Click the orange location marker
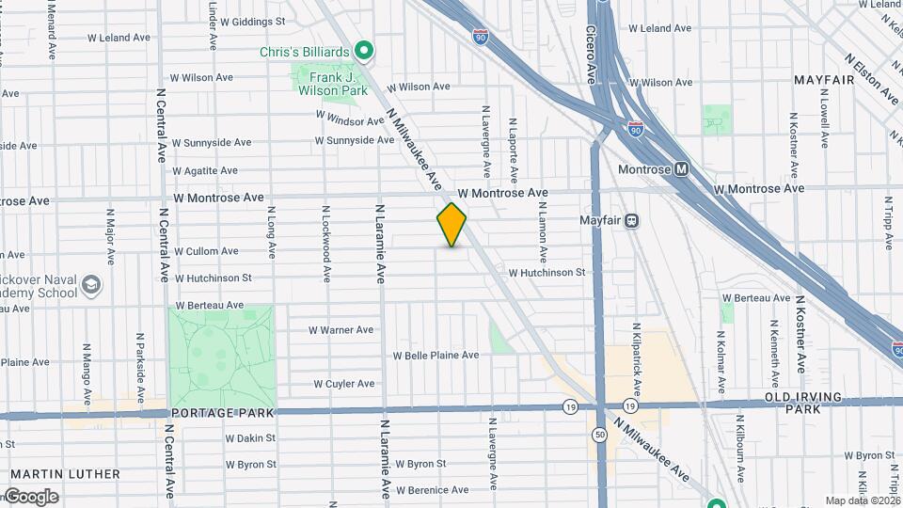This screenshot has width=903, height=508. (451, 225)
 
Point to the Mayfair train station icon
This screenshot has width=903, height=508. (632, 222)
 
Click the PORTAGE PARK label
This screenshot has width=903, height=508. (222, 413)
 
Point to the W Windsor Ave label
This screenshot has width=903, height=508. (351, 120)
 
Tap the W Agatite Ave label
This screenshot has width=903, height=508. (205, 171)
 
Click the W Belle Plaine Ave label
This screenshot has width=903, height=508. (436, 356)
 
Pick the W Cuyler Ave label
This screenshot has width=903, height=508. (344, 384)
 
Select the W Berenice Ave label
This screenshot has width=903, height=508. (433, 490)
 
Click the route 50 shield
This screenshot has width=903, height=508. (599, 435)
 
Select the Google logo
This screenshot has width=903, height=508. (31, 496)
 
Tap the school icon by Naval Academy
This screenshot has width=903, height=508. (91, 284)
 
